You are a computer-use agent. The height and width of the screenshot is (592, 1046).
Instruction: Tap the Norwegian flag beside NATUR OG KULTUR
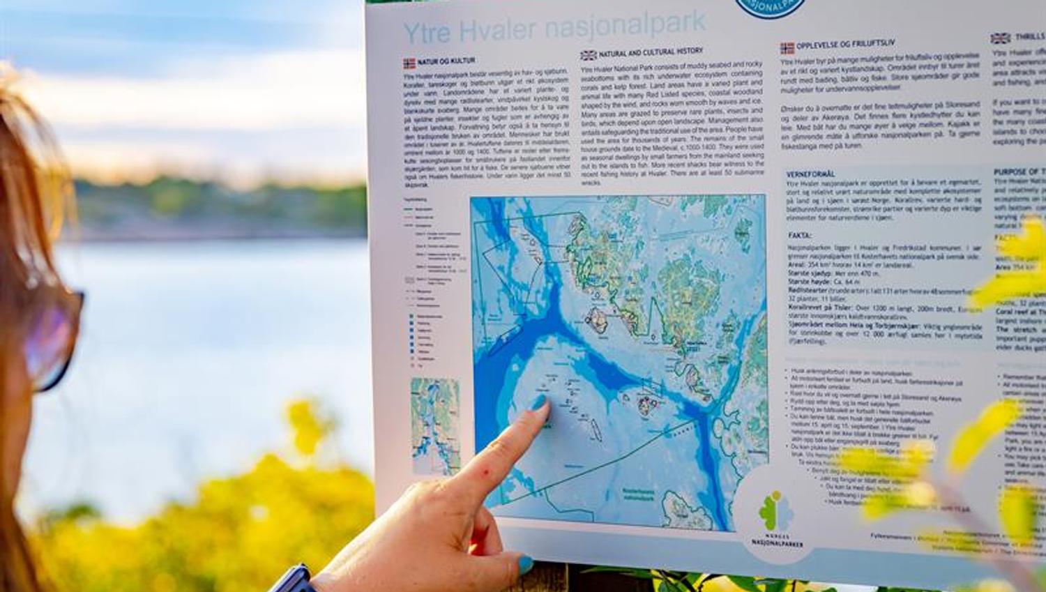click(409, 63)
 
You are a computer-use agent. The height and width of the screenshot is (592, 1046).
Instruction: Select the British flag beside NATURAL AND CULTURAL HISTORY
click(589, 55)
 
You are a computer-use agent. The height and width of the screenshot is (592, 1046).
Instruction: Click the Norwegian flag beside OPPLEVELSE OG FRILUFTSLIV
click(787, 48)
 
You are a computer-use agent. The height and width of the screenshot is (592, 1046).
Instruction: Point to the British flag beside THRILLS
click(1000, 38)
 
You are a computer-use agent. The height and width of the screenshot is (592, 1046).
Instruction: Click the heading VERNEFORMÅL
click(811, 174)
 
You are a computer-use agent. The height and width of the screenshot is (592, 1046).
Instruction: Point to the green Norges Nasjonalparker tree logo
click(775, 510)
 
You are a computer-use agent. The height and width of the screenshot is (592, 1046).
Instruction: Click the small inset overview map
click(435, 425)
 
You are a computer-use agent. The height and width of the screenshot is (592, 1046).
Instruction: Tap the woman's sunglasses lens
click(52, 335)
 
